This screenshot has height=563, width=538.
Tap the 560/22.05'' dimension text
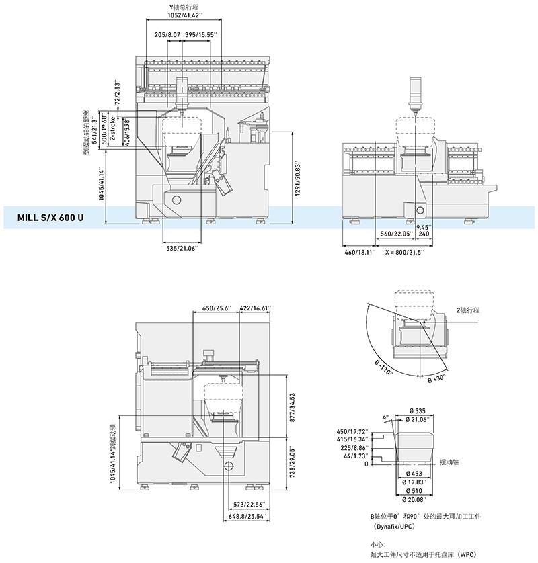(x=395, y=234)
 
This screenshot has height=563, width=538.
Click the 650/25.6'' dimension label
(x=217, y=308)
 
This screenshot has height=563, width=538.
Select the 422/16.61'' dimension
(x=255, y=308)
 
